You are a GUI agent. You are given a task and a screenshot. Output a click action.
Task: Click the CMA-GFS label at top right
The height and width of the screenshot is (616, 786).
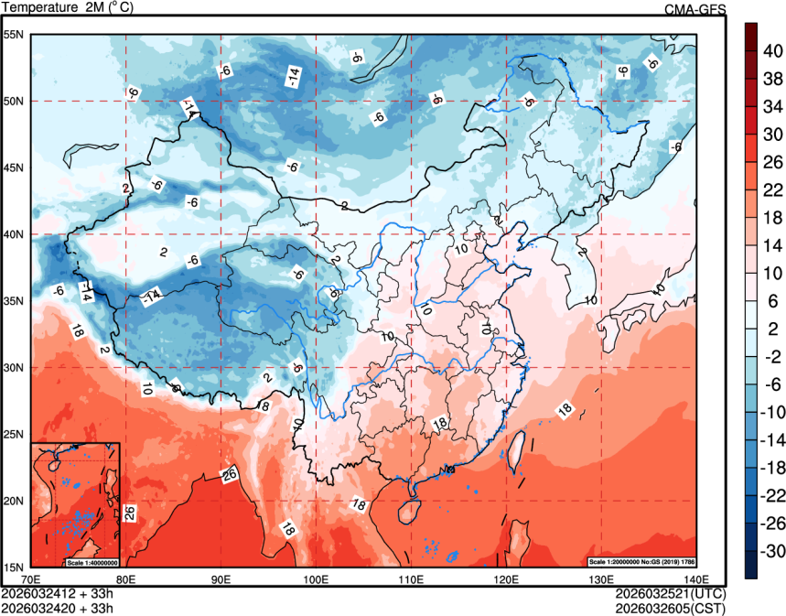coord(695,9)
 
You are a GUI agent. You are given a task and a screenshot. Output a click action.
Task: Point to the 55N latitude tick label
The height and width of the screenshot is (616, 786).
coord(15,35)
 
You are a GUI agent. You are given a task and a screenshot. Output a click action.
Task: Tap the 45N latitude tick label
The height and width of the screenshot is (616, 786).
coord(15,168)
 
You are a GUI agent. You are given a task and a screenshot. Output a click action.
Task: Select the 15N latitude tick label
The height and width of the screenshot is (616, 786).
coord(15,567)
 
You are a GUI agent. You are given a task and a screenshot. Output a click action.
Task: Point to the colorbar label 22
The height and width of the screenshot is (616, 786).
coord(772,189)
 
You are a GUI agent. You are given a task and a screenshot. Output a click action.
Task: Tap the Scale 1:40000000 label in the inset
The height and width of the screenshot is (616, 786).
coord(91,561)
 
